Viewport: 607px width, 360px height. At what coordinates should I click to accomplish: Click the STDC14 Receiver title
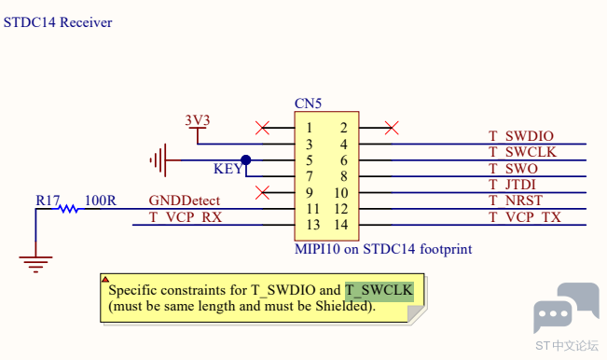(x=58, y=22)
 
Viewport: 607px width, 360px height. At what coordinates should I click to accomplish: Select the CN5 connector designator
(x=308, y=104)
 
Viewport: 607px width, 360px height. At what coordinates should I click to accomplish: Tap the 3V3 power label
(x=198, y=120)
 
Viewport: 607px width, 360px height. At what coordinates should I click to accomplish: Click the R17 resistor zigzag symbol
(x=68, y=209)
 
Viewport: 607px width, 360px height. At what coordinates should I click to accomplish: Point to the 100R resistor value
(x=101, y=201)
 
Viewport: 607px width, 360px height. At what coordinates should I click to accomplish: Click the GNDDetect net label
(x=185, y=201)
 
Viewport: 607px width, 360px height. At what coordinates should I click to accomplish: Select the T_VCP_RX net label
(x=186, y=217)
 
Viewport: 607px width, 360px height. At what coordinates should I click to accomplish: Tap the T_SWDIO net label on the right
(x=521, y=136)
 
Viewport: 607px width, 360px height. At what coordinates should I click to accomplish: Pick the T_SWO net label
(x=513, y=169)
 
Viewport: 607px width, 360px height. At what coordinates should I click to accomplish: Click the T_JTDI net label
(x=512, y=185)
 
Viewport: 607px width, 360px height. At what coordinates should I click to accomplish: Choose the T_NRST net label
(x=516, y=201)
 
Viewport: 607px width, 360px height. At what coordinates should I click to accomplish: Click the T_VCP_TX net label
(x=525, y=217)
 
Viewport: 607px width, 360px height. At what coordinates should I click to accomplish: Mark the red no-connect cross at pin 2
(x=392, y=128)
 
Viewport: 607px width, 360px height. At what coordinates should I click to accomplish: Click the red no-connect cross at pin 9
(x=262, y=192)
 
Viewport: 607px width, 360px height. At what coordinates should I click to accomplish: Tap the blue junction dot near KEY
(x=246, y=159)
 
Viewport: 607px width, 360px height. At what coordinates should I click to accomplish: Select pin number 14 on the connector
(x=340, y=225)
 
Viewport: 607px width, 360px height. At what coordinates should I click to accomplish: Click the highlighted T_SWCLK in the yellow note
(x=379, y=291)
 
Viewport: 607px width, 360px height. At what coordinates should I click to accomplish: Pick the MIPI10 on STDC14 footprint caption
(x=383, y=249)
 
